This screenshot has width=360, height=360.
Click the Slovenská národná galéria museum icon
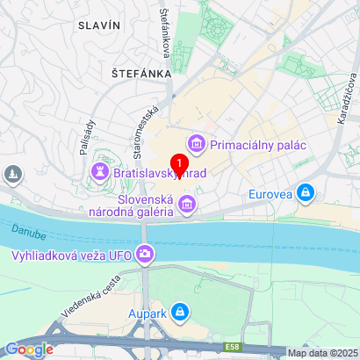(x=186, y=205)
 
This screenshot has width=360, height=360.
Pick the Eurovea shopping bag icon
(x=305, y=191)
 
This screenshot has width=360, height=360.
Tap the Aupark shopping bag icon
(x=179, y=312)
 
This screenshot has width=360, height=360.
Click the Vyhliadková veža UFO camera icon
(x=145, y=256)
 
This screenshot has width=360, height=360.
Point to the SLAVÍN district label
(x=98, y=26)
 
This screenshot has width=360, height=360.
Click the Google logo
(x=29, y=349)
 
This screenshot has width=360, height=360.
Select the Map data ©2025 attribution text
(x=322, y=353)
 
